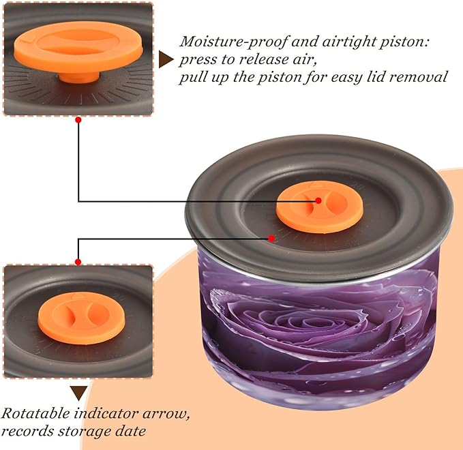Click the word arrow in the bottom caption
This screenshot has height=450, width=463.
pos(166,413)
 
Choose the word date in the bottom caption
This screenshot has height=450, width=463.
pos(130,431)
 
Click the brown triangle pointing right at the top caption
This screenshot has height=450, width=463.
pos(166,59)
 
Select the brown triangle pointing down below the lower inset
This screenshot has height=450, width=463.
pos(78,393)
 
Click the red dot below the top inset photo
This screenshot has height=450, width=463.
pos(78,120)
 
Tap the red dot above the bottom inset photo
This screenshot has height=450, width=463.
pos(78,262)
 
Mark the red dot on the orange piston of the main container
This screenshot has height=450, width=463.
pos(318,200)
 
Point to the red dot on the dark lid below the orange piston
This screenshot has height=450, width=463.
pos(271,238)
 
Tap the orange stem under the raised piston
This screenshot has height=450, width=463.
pos(78,77)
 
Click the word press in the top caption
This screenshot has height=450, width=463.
pos(198,60)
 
